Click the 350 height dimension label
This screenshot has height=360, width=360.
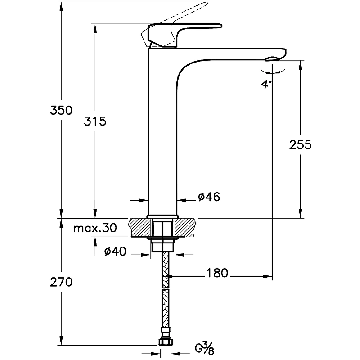click(x=61, y=110)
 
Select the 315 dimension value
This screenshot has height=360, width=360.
click(x=95, y=121)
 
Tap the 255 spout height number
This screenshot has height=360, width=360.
click(x=300, y=145)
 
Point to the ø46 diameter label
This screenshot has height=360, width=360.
click(x=209, y=197)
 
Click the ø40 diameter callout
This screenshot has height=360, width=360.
click(x=115, y=251)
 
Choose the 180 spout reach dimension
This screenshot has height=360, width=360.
click(x=217, y=273)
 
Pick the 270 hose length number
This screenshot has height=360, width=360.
click(x=61, y=282)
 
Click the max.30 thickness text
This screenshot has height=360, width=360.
click(x=95, y=228)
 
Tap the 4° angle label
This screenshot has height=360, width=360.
click(x=266, y=84)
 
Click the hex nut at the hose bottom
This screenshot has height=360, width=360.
click(x=166, y=342)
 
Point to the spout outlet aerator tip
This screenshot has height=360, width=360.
click(x=273, y=59)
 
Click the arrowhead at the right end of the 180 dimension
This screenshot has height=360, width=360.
click(x=268, y=276)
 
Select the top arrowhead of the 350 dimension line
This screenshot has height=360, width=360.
click(x=61, y=7)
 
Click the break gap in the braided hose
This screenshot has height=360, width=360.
click(x=166, y=288)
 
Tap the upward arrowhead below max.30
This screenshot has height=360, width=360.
click(x=95, y=242)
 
